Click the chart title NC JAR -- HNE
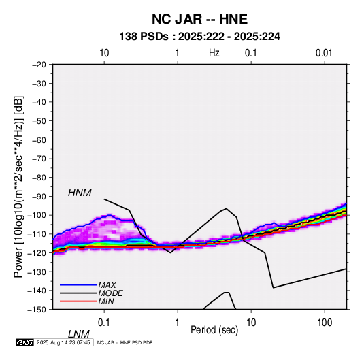click(x=199, y=19)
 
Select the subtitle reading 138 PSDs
click(x=144, y=37)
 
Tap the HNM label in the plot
click(x=80, y=193)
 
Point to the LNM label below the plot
click(x=79, y=334)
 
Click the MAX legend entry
click(x=107, y=285)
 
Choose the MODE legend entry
click(x=110, y=293)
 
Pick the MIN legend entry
click(x=106, y=301)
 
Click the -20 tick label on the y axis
click(x=39, y=65)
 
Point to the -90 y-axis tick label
click(x=39, y=197)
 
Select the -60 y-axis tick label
click(x=39, y=140)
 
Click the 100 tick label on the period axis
click(x=325, y=323)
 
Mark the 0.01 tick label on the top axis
click(x=324, y=53)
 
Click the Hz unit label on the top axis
click(x=214, y=53)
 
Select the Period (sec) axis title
click(x=214, y=330)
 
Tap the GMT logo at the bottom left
click(x=24, y=342)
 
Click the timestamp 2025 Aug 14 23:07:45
click(x=63, y=342)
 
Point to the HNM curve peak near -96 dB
click(x=226, y=208)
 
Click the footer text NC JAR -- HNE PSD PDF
click(x=125, y=342)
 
